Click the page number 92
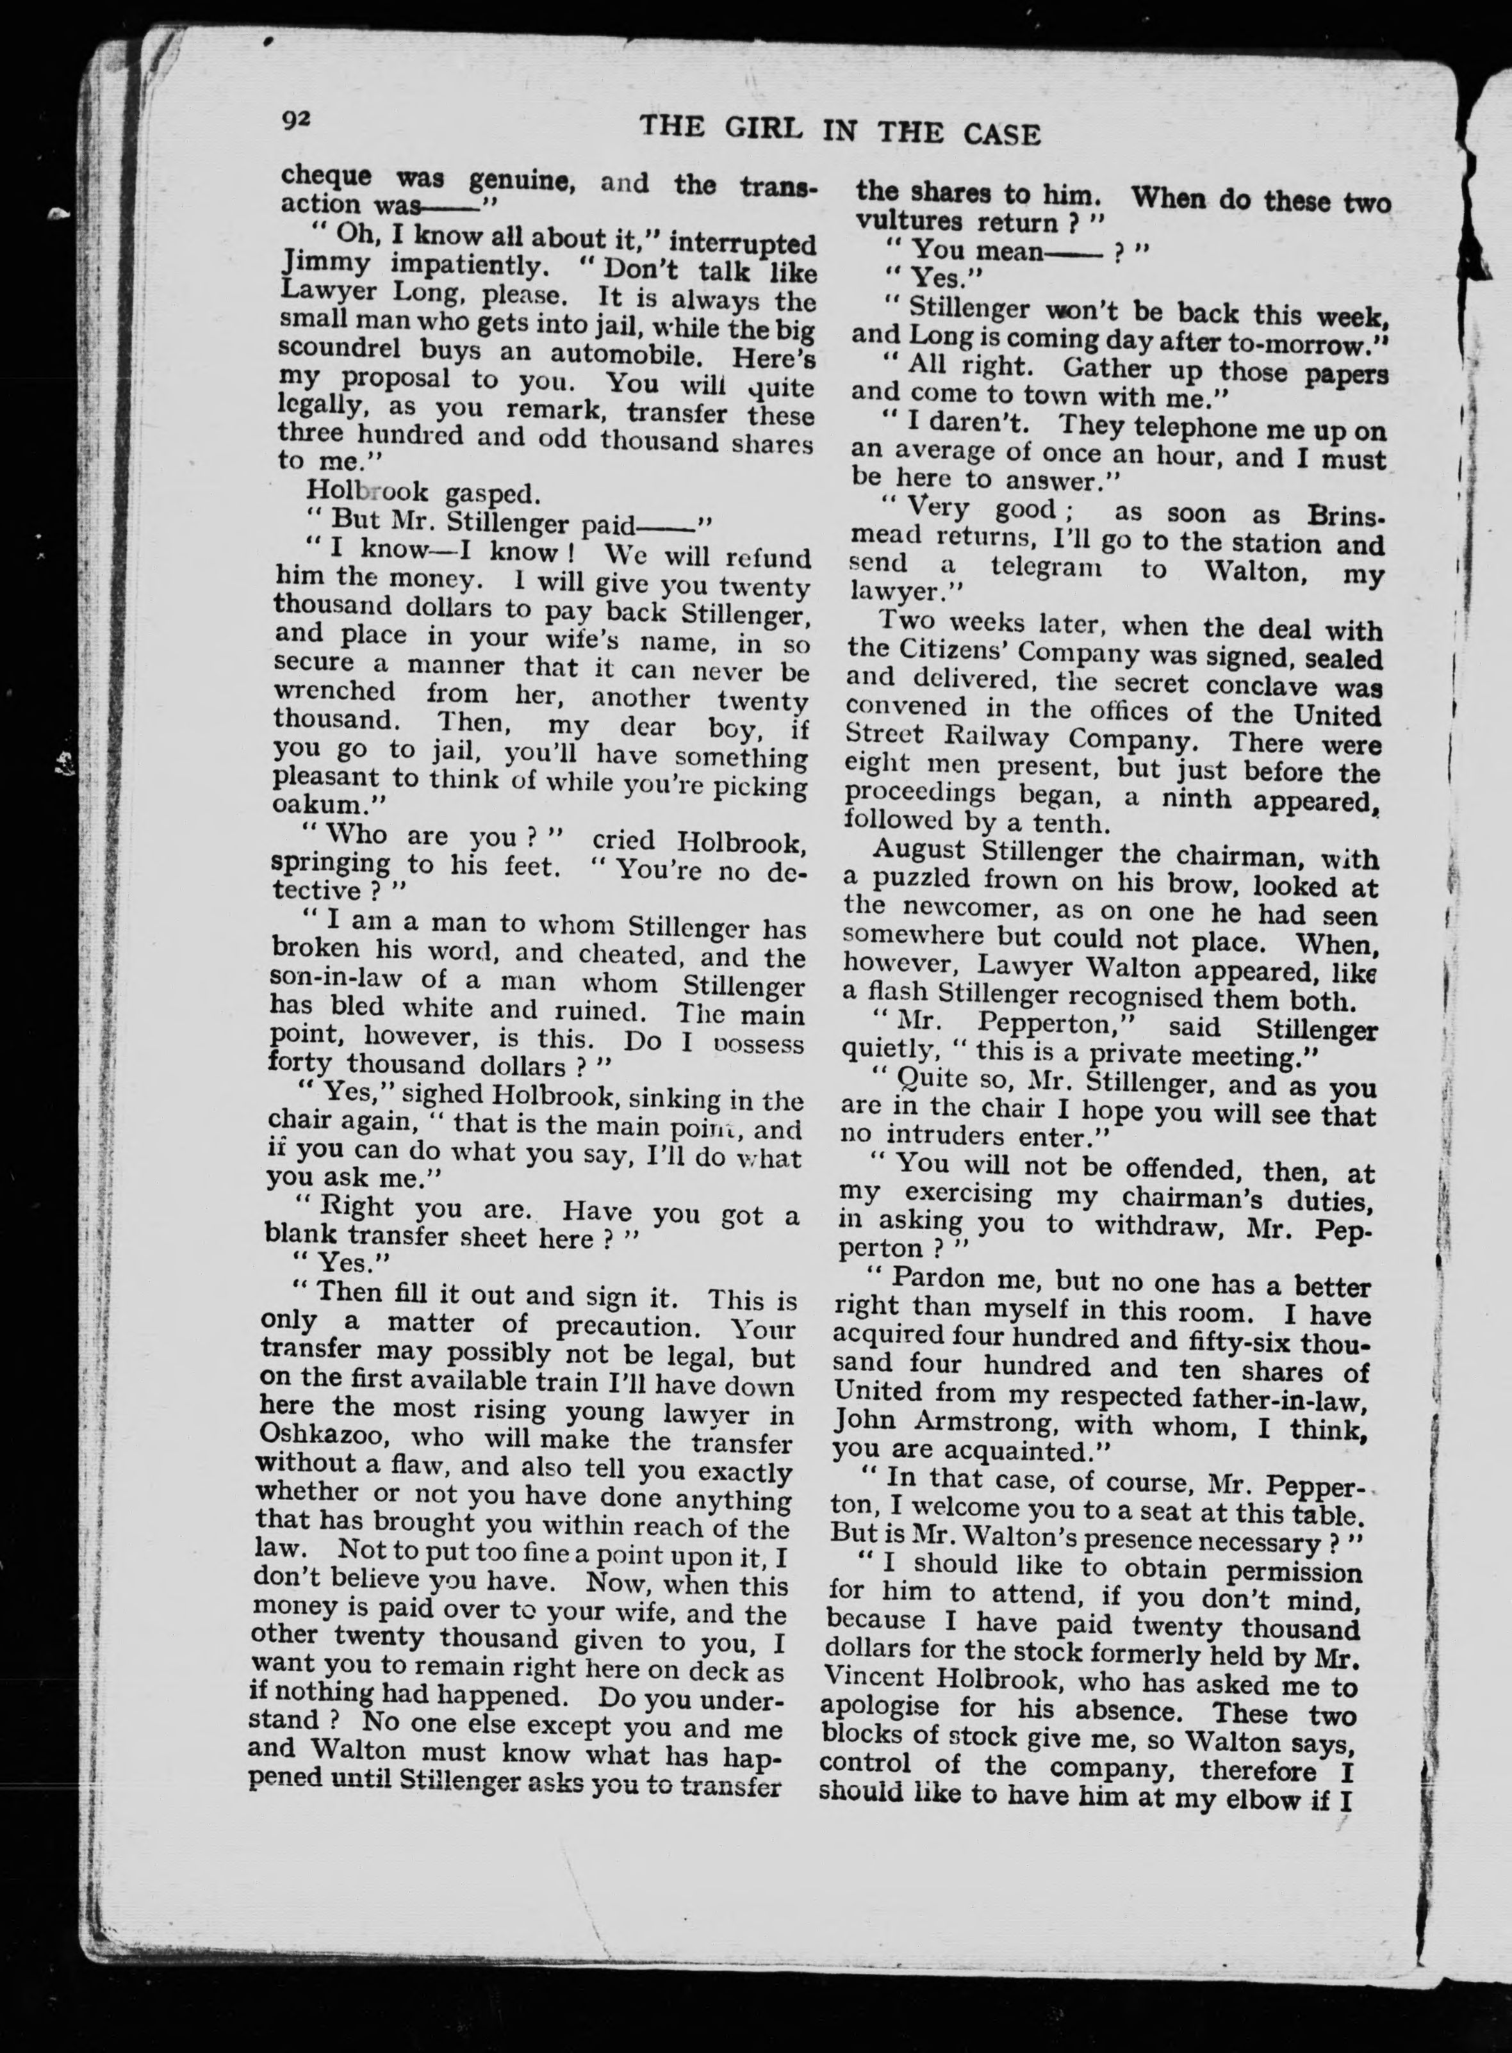click(x=299, y=120)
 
